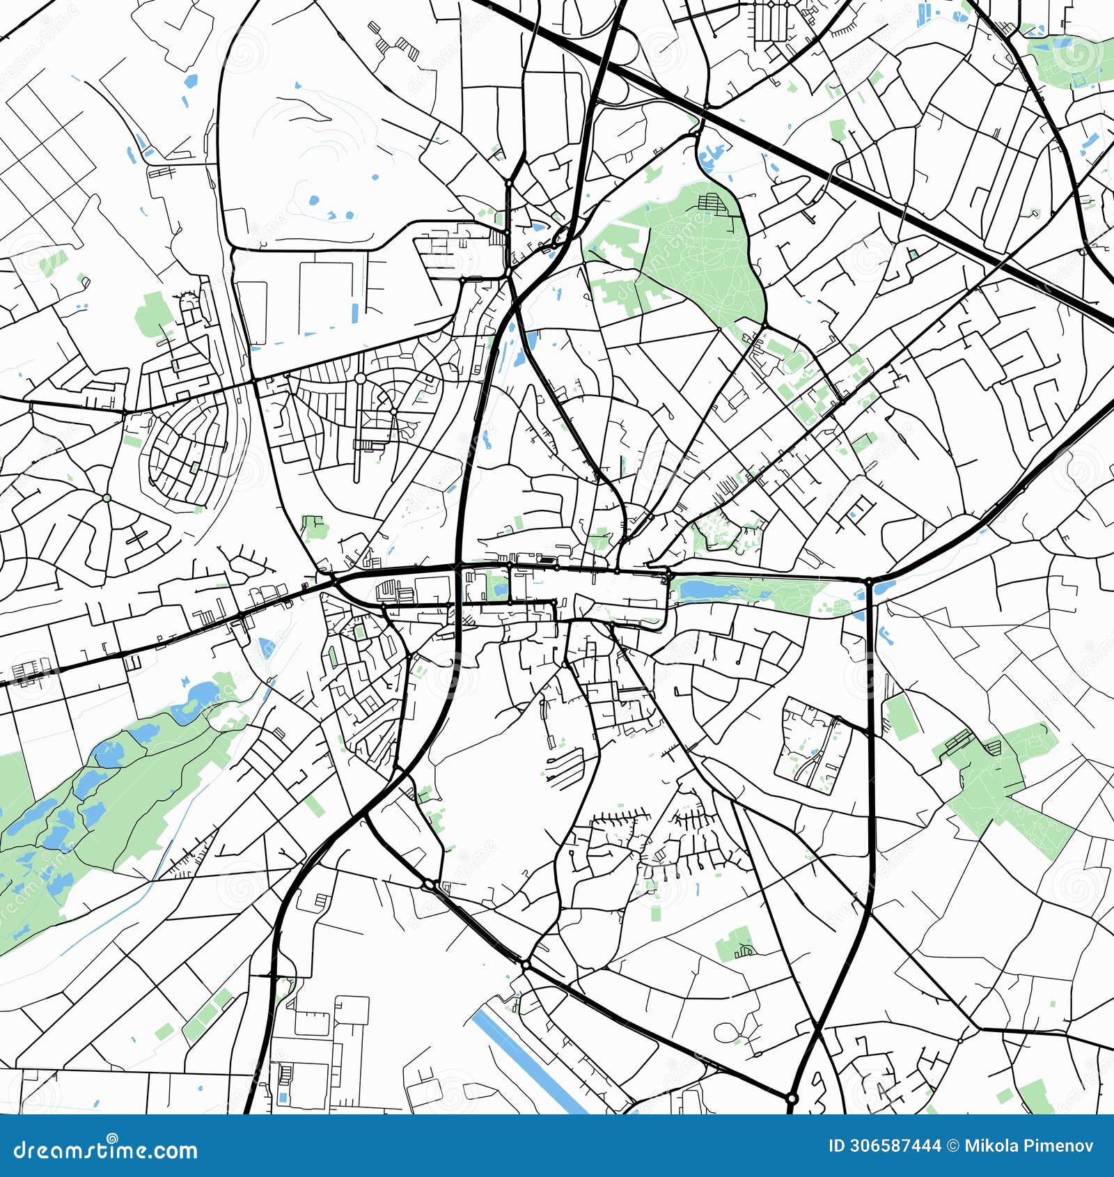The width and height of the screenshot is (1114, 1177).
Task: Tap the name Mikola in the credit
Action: pos(989,1146)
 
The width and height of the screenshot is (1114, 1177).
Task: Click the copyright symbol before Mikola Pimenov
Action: pos(952,1146)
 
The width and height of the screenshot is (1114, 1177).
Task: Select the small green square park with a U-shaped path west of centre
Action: pos(315,527)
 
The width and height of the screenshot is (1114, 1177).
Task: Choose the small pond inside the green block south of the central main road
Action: pos(498,588)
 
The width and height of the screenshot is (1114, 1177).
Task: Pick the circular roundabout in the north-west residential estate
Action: pos(360,378)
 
